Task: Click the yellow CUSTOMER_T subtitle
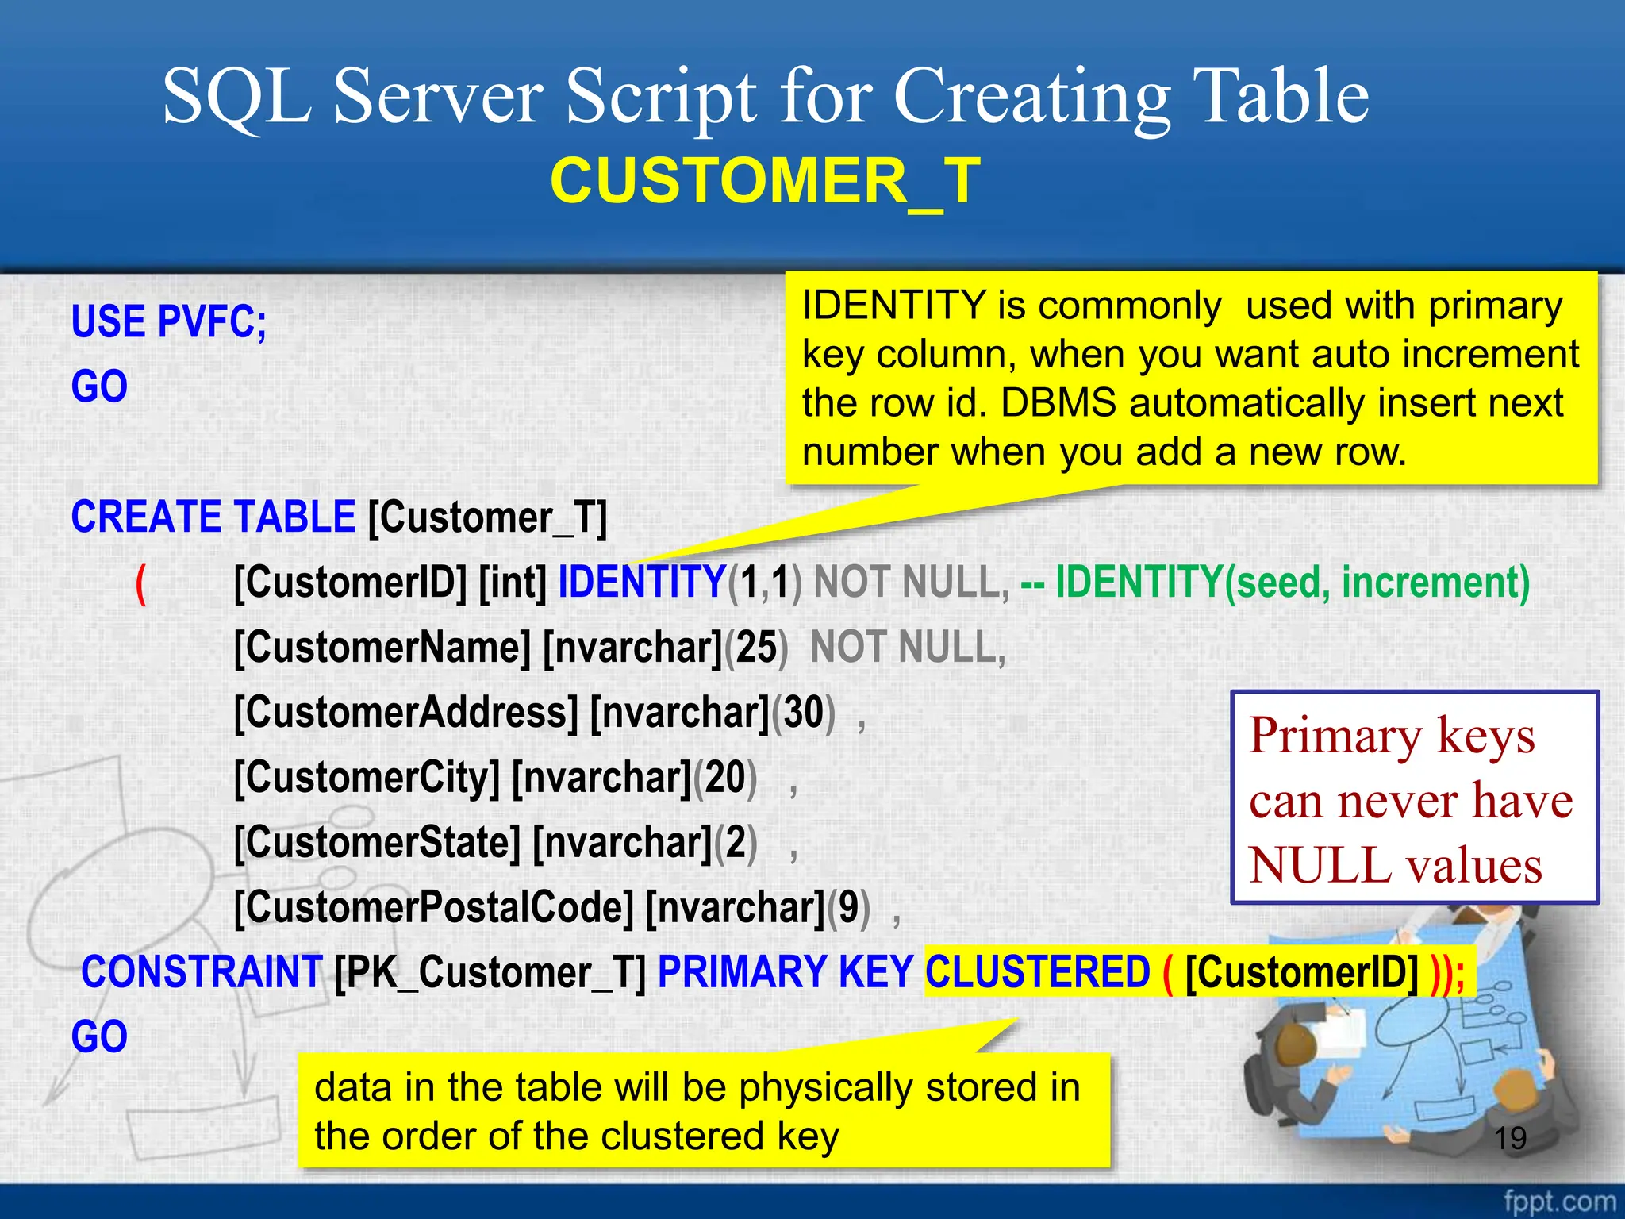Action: (x=765, y=181)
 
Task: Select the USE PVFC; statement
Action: (x=169, y=322)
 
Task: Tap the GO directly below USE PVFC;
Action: (x=99, y=387)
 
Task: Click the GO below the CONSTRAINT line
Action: (x=99, y=1036)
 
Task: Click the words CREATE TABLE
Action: (x=213, y=517)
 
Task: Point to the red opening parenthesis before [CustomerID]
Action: (x=141, y=584)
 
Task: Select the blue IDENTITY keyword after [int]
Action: (x=642, y=582)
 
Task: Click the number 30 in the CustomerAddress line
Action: (x=803, y=713)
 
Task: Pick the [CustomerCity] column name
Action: (x=367, y=778)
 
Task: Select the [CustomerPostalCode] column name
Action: (x=434, y=907)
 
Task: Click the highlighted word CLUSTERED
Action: (x=1037, y=972)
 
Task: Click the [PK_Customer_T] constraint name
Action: (x=490, y=972)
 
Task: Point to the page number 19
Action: (x=1510, y=1138)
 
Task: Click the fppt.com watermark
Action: (x=1558, y=1201)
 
